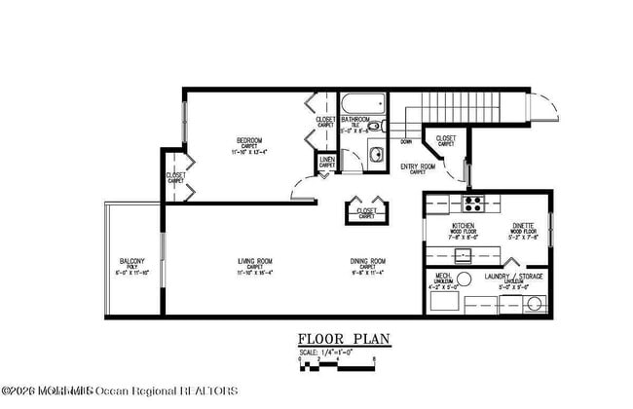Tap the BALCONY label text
pos(133,262)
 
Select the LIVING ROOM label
pos(255,262)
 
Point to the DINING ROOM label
pos(368,262)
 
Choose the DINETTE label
pos(523,225)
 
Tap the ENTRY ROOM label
pos(418,167)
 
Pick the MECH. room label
pos(443,277)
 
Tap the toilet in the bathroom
pos(378,126)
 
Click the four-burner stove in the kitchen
pos(474,204)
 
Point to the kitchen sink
pos(463,255)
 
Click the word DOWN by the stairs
pos(405,142)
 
